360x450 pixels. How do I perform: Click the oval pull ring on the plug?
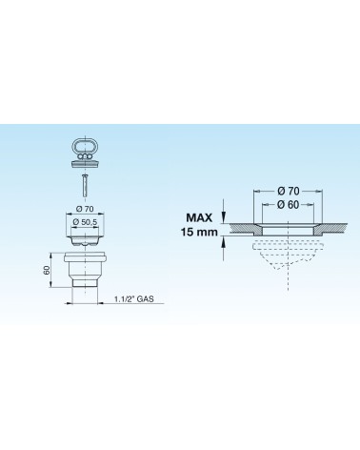click(x=74, y=148)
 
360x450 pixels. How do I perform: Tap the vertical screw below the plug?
click(x=84, y=185)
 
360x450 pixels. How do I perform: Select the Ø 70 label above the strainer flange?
click(x=85, y=209)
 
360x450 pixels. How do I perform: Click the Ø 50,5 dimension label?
click(x=85, y=222)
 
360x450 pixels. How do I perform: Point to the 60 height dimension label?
click(x=47, y=271)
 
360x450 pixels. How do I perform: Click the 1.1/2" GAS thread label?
click(x=133, y=299)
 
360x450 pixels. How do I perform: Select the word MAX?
click(x=199, y=217)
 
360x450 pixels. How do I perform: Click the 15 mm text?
click(x=199, y=232)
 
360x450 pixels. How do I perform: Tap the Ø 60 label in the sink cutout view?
click(x=288, y=205)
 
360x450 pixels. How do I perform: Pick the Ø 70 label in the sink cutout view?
click(x=288, y=191)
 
